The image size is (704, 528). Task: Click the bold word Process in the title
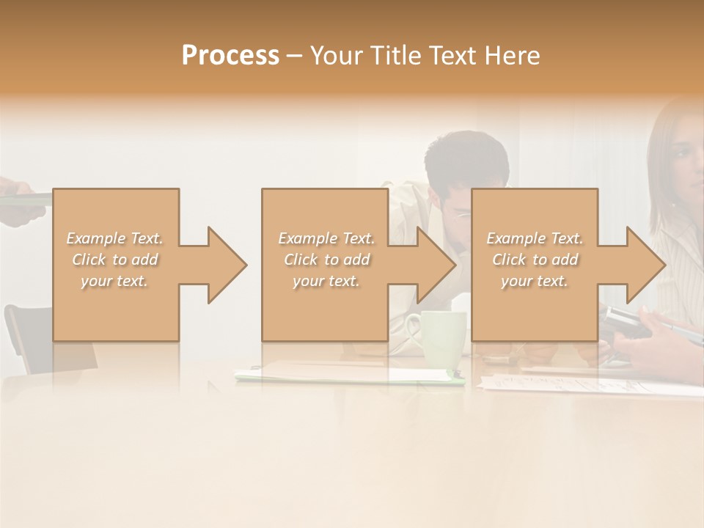230,55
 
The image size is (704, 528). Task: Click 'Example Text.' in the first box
114,238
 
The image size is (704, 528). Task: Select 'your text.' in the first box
114,281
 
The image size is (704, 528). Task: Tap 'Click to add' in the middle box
326,260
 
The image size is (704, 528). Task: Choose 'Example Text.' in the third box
535,238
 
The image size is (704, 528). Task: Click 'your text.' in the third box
535,281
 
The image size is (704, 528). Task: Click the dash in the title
294,55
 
